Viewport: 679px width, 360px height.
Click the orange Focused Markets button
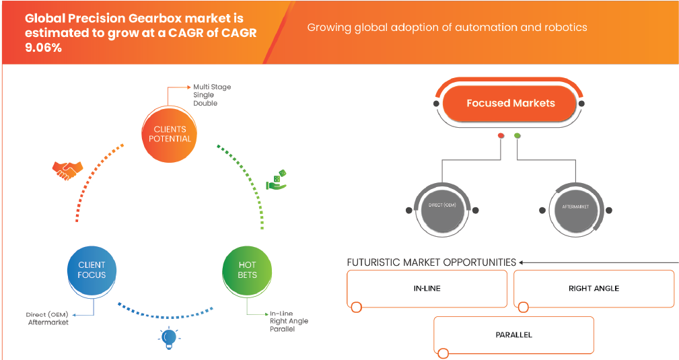[511, 104]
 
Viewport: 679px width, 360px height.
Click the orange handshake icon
[67, 170]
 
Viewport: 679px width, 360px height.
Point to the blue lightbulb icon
[168, 336]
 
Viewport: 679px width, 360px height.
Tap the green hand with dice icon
[277, 180]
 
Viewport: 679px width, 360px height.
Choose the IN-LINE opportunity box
[427, 289]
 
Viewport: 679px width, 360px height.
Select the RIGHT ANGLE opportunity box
[593, 289]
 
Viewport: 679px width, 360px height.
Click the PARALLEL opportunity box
[513, 334]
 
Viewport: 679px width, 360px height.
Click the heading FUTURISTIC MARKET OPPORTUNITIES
[431, 262]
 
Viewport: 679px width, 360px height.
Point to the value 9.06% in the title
[45, 48]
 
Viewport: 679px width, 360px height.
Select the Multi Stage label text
[212, 87]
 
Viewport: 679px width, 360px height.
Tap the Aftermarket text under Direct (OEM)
[48, 322]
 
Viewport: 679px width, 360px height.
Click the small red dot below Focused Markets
[501, 135]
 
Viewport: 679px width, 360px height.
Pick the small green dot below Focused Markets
[517, 135]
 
